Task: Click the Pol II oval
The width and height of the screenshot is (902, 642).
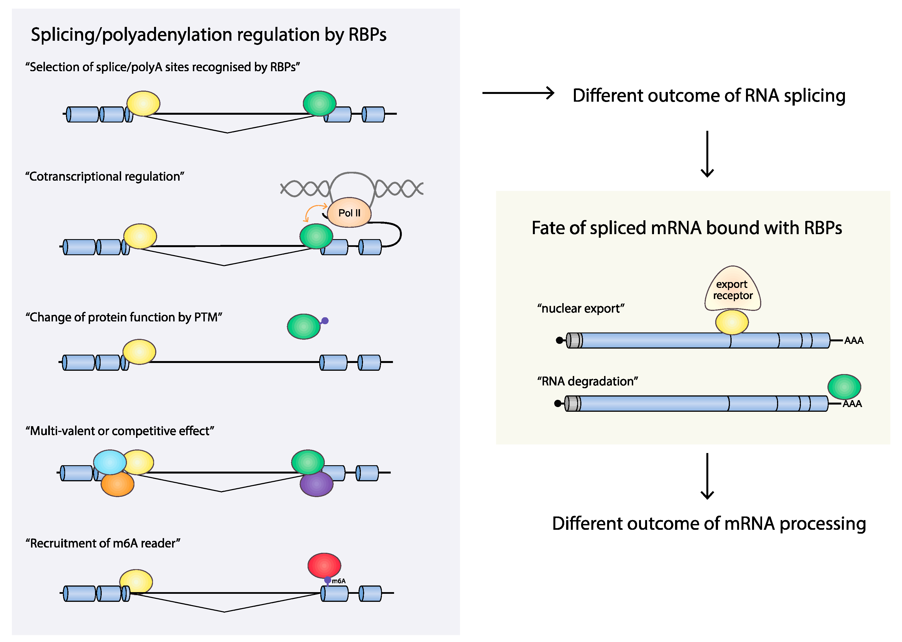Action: pos(349,213)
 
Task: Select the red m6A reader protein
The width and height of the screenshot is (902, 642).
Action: pos(324,565)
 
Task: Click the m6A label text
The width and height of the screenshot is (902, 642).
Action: pos(339,581)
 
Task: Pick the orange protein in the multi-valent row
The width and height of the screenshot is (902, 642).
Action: pos(117,485)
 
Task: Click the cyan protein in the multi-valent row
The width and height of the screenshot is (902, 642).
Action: pos(109,462)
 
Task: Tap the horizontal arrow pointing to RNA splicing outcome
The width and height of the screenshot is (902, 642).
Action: pos(518,93)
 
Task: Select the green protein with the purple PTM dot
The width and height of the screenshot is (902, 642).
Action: pos(303,326)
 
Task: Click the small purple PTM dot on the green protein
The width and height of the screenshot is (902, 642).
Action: pos(325,321)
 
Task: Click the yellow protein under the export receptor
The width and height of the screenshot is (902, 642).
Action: pos(732,322)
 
